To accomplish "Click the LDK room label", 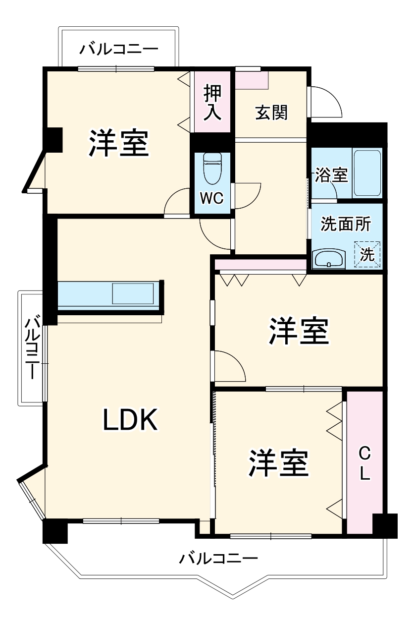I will coord(130,420).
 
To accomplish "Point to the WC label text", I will coord(211,198).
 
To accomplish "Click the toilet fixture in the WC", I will coord(212,168).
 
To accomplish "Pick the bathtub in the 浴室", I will coord(367,173).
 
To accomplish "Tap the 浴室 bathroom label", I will coord(331,175).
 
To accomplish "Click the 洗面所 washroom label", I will coord(346,224).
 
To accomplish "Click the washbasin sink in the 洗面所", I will coord(329,258).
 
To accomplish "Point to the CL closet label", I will coord(364,463).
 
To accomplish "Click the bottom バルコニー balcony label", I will coord(218,559).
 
